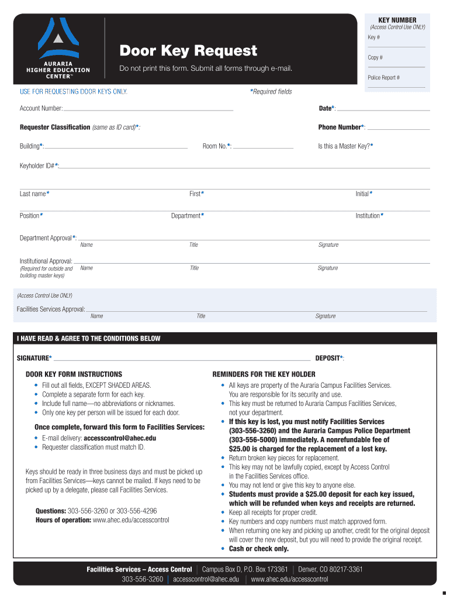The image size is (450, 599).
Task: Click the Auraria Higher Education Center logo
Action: tap(58, 50)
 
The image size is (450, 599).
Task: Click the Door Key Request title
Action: tap(188, 51)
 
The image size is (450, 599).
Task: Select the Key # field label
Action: tap(373, 38)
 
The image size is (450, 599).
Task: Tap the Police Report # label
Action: tap(383, 78)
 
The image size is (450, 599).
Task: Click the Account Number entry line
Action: tap(148, 109)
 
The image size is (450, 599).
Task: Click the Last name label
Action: tap(34, 194)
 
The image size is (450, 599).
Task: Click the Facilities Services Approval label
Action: tap(51, 309)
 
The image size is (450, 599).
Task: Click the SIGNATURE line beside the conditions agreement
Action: tap(181, 358)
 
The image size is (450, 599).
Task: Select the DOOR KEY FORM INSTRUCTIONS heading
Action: tap(74, 374)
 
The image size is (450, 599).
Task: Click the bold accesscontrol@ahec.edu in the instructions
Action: tap(120, 438)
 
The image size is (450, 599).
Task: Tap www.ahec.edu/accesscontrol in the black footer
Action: tap(289, 580)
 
